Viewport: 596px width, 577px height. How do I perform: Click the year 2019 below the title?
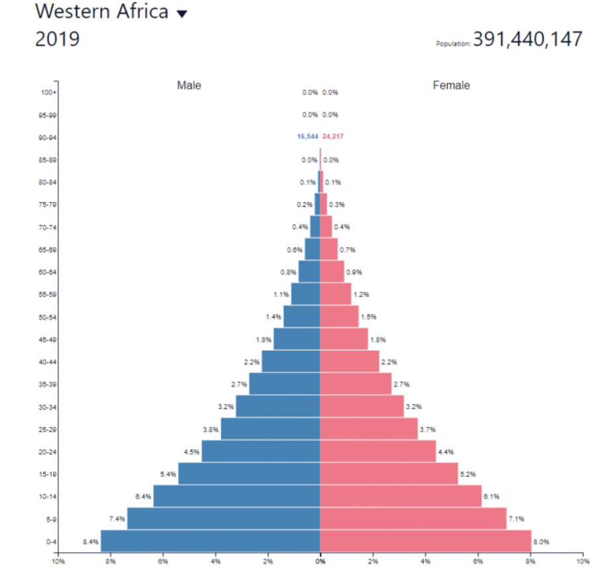click(57, 39)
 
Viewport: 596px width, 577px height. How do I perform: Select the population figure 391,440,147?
click(528, 39)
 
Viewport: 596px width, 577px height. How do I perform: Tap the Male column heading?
click(189, 85)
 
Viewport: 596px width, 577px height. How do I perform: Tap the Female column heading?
click(451, 85)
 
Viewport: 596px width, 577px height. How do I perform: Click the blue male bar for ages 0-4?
click(210, 541)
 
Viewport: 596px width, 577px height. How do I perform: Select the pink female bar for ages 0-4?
click(425, 541)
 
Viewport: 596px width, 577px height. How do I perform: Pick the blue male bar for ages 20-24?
click(260, 451)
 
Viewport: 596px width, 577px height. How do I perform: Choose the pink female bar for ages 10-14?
click(401, 496)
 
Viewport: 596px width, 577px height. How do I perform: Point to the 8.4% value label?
click(91, 542)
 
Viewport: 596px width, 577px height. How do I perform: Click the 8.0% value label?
click(541, 542)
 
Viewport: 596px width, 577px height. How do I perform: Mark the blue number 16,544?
click(307, 136)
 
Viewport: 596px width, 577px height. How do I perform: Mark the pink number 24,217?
click(333, 136)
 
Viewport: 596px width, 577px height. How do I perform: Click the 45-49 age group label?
click(48, 339)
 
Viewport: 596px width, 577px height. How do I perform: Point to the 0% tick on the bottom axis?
click(321, 562)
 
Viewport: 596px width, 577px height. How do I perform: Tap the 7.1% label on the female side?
click(516, 519)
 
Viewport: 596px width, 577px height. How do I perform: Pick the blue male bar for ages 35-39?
click(284, 384)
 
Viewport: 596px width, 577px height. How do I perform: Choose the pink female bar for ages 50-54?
click(339, 316)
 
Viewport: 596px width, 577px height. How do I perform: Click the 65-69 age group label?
click(48, 249)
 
